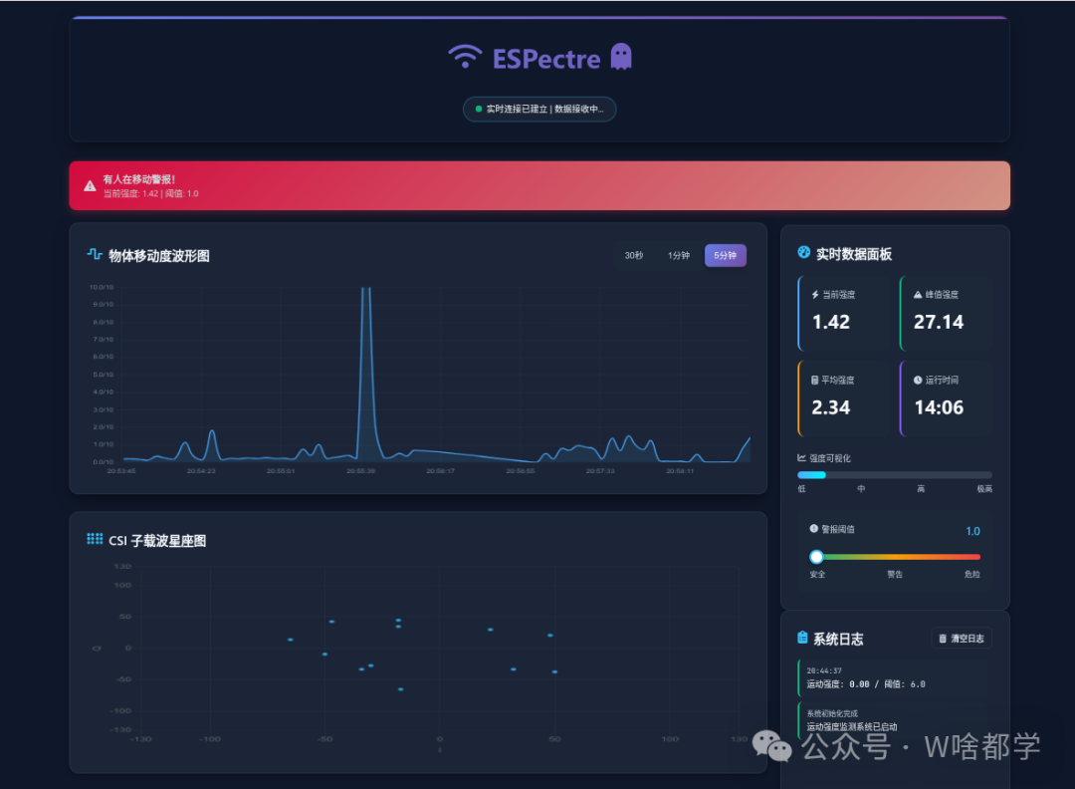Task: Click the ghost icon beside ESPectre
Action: [621, 57]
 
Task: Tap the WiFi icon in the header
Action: [465, 57]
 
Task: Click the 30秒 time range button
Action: [634, 256]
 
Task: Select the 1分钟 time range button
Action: [679, 256]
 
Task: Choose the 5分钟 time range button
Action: [725, 256]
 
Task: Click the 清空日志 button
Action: [962, 639]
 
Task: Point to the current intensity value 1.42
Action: [831, 322]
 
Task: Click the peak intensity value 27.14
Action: [939, 322]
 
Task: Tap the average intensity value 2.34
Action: [831, 407]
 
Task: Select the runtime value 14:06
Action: [939, 407]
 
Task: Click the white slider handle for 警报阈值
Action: [817, 557]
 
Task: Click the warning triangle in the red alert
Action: [91, 185]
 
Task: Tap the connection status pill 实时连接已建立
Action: [539, 109]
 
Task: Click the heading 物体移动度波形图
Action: [159, 256]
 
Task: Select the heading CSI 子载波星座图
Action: [157, 541]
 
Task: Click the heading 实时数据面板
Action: [854, 254]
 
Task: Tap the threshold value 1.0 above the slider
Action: [972, 531]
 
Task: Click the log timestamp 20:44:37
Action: [824, 670]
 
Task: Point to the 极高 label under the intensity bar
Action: [984, 489]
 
